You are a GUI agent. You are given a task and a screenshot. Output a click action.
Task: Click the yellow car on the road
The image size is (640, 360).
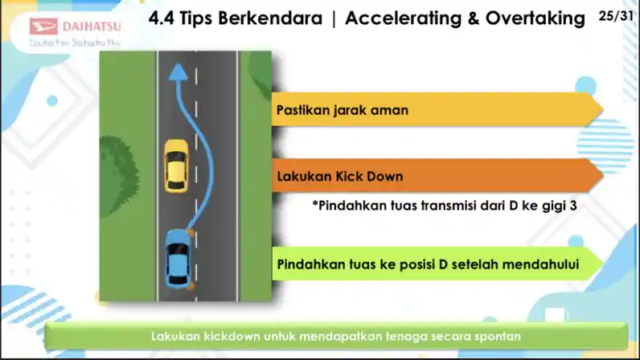coord(175,165)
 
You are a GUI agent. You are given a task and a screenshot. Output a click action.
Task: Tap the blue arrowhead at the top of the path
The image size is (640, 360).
coord(178,73)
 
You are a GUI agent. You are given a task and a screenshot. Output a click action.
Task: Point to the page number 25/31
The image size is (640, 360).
coord(616,16)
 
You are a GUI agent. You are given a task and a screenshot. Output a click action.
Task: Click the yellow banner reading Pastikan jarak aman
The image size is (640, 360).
coord(434,110)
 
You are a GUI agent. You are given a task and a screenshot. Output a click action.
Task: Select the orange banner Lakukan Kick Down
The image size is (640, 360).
coord(434,176)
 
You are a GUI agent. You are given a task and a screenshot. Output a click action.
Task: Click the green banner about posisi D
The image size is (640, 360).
coord(434,264)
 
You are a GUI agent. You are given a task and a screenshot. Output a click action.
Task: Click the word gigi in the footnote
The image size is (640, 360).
coord(552,205)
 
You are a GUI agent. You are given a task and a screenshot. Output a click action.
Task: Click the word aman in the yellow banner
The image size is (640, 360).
coord(389,110)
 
